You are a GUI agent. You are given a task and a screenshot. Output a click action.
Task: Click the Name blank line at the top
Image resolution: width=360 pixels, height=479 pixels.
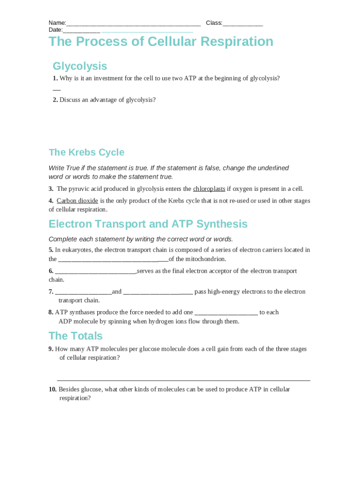point(133,24)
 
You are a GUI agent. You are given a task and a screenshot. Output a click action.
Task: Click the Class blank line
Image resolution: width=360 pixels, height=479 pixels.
point(243,24)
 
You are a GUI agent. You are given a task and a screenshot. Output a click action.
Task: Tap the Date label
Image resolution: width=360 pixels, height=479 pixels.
point(55,30)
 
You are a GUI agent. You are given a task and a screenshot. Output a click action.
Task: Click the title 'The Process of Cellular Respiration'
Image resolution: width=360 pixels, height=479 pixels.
point(161,42)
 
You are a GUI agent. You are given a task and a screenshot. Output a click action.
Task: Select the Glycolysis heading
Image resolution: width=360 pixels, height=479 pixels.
point(80,66)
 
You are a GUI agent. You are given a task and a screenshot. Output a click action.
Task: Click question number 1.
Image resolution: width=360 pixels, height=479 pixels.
point(55,79)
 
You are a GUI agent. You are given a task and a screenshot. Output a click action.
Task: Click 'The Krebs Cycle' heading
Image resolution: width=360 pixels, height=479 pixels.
point(86,152)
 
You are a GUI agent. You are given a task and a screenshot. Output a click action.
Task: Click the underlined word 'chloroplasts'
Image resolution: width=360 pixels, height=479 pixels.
point(209,189)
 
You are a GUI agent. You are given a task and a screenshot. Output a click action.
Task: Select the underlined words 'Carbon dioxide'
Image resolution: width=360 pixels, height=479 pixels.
point(77,201)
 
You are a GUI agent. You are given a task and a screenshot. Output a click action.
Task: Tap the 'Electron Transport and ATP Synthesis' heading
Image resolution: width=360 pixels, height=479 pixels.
point(148,224)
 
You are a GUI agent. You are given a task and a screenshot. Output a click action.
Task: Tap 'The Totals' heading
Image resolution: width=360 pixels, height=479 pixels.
point(75,336)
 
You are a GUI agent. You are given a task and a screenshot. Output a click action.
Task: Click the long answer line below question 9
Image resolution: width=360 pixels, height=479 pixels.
point(183,380)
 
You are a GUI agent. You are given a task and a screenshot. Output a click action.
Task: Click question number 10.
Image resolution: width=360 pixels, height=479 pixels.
point(52,390)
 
